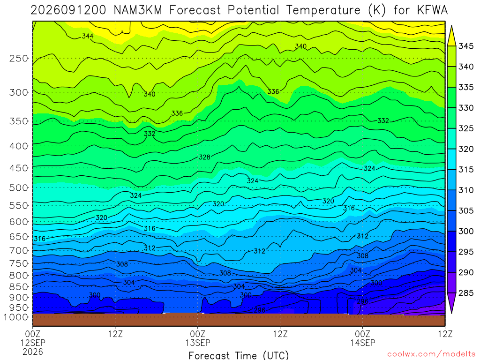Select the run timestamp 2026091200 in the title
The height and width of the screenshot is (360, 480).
tap(68, 10)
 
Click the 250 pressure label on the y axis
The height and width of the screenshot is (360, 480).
tap(19, 58)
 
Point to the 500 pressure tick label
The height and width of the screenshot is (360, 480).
tap(19, 187)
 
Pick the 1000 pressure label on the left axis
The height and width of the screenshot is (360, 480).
tap(16, 317)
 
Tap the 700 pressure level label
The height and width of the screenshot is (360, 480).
tap(19, 251)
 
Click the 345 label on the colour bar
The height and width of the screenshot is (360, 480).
tap(465, 46)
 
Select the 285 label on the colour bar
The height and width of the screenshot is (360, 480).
tap(465, 293)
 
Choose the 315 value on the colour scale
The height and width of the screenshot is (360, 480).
tap(465, 170)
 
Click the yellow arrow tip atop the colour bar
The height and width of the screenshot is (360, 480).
tap(451, 26)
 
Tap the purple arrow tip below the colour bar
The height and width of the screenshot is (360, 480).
tap(451, 313)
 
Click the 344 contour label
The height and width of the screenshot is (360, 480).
tap(88, 36)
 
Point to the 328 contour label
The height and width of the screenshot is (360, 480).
tap(204, 157)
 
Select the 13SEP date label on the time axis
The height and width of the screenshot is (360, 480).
tap(198, 343)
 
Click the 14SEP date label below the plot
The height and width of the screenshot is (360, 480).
tap(363, 343)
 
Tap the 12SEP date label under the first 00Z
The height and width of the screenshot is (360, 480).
tap(33, 343)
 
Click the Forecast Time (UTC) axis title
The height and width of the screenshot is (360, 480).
tap(239, 355)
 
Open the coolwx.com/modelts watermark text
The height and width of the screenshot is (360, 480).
tap(431, 354)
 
